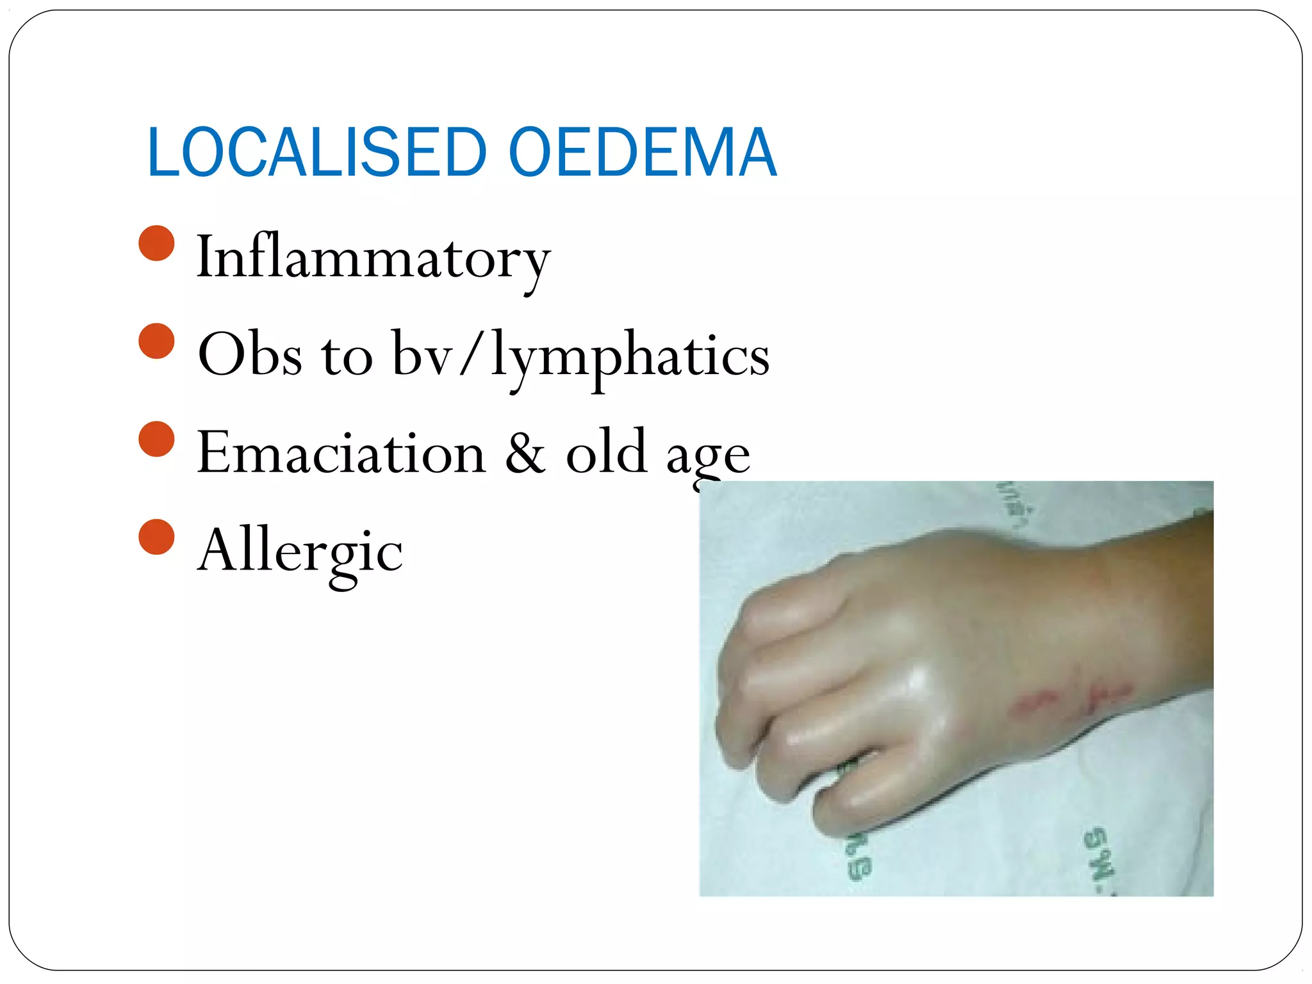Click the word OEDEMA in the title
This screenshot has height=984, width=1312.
tap(643, 153)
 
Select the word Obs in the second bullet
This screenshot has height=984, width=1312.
tap(250, 355)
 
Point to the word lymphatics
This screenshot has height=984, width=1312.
tap(630, 356)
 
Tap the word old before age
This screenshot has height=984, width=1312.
tap(606, 452)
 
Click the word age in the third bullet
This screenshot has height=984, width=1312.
tap(708, 456)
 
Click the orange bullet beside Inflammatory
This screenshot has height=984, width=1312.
tap(156, 243)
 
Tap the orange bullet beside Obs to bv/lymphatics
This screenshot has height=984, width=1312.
tap(156, 341)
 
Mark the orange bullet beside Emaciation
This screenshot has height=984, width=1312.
tap(156, 439)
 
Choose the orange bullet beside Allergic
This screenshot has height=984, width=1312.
tap(156, 537)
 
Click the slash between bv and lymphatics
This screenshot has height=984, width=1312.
tap(471, 354)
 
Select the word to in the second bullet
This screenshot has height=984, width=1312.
tap(347, 356)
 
